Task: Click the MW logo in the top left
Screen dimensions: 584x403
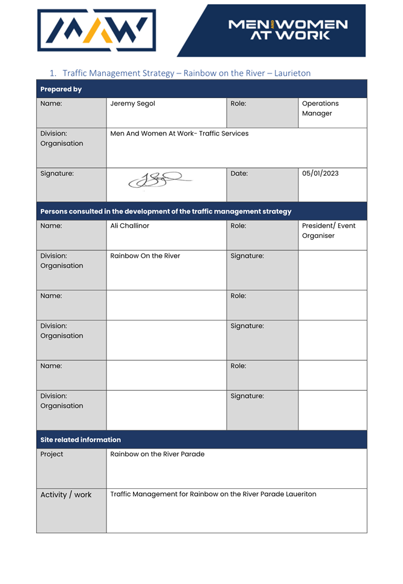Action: [x=96, y=30]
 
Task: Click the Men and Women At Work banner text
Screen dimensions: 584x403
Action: [x=288, y=30]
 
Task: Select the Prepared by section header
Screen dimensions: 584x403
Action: [x=61, y=89]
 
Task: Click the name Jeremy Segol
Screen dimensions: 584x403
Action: [x=132, y=104]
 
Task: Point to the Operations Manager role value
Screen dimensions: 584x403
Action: [x=320, y=108]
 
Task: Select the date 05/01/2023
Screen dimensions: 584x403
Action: [x=320, y=173]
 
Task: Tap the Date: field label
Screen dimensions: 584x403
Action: [x=239, y=173]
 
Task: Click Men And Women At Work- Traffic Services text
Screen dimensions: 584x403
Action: [x=179, y=134]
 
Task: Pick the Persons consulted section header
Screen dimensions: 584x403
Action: [x=165, y=211]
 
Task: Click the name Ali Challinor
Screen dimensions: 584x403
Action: [x=129, y=226]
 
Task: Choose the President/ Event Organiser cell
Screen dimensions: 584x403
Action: [x=328, y=231]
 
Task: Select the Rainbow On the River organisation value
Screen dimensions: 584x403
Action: [x=145, y=256]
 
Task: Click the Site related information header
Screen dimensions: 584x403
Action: [x=81, y=440]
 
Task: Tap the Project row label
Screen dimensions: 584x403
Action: [x=52, y=454]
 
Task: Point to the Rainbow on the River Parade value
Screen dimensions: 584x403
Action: [x=157, y=454]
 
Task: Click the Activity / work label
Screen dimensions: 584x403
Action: [x=66, y=495]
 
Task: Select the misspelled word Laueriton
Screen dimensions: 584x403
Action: [x=297, y=494]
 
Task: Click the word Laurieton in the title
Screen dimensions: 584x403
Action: [x=293, y=73]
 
